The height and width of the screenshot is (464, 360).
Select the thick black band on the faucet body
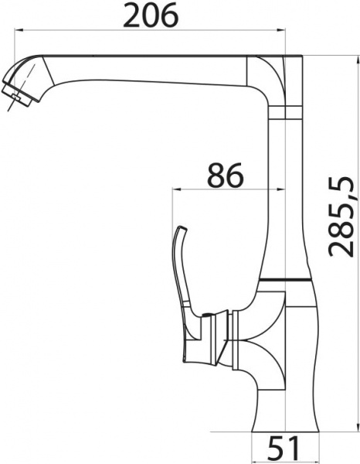click(x=290, y=278)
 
